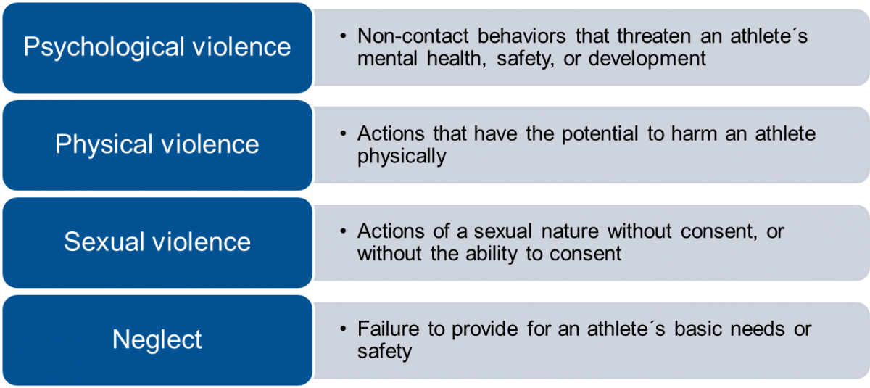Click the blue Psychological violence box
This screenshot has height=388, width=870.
(x=157, y=48)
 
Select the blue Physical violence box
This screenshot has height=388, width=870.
(x=157, y=144)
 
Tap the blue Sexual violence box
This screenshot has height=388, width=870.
(x=157, y=242)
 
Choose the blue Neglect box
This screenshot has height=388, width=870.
(x=157, y=339)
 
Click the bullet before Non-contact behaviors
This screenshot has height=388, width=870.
(x=342, y=37)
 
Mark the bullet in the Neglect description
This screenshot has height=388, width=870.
(x=342, y=329)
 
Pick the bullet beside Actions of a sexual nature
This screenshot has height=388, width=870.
(x=342, y=232)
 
